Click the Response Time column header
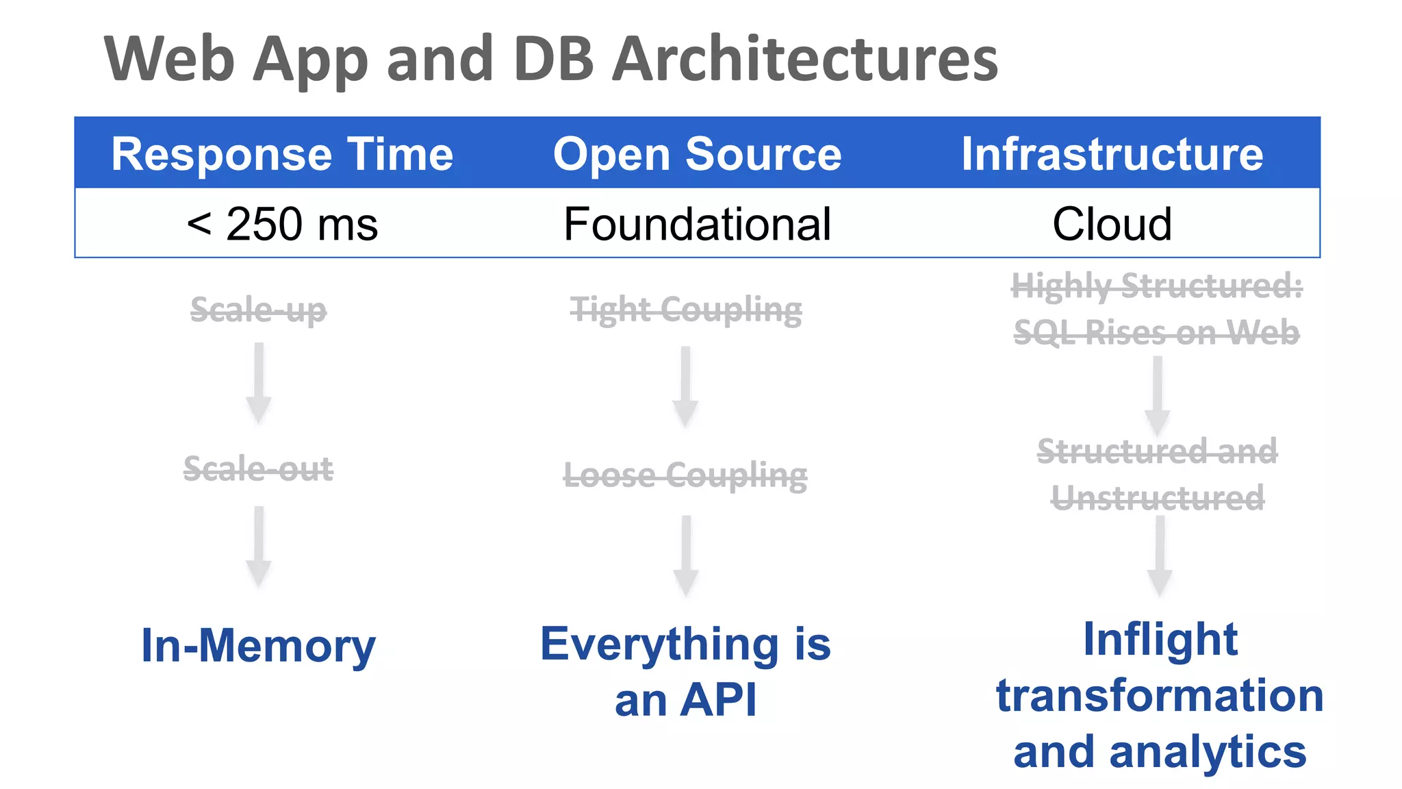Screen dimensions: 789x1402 click(x=282, y=154)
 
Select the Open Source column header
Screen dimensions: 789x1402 click(x=697, y=154)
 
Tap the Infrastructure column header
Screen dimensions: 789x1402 click(x=1112, y=154)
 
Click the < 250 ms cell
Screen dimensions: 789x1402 click(x=282, y=224)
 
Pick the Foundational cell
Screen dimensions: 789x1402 click(x=697, y=224)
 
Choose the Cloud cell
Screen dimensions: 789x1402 click(x=1112, y=224)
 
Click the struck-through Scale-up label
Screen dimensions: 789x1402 click(x=258, y=310)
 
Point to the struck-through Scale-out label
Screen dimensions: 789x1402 click(x=258, y=469)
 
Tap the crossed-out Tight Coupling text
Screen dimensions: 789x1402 click(x=686, y=310)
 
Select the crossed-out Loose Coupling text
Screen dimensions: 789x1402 click(x=685, y=475)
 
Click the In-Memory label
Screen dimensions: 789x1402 click(x=258, y=645)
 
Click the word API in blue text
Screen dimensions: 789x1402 click(x=719, y=700)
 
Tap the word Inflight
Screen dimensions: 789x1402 click(x=1160, y=640)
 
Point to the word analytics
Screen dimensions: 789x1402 click(x=1208, y=752)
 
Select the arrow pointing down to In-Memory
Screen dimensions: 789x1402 click(x=259, y=546)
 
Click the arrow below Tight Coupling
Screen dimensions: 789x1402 click(x=685, y=386)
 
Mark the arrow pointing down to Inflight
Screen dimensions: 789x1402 click(x=1160, y=555)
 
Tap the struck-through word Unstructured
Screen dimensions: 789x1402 click(x=1158, y=498)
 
